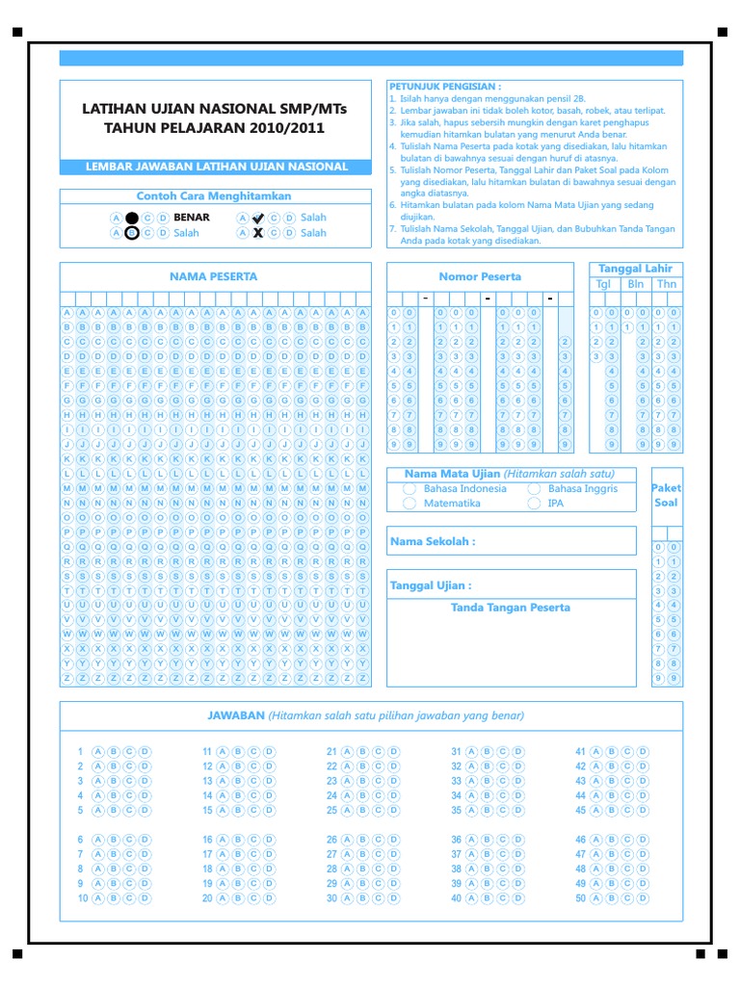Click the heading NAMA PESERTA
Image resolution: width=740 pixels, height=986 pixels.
214,276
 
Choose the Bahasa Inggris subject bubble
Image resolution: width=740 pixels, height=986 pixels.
534,488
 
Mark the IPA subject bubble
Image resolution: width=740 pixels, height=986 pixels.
534,504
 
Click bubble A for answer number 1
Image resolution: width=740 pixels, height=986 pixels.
97,751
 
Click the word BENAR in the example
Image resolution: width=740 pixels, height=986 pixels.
191,218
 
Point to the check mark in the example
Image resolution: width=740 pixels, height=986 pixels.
257,218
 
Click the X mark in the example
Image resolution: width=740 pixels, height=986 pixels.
257,233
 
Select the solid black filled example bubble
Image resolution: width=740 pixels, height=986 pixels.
132,218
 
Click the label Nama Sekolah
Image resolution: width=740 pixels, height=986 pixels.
432,541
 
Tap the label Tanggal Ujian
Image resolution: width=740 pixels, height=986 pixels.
430,585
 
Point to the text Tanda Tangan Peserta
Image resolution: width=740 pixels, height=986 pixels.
511,608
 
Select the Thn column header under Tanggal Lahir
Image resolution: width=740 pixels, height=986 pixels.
667,284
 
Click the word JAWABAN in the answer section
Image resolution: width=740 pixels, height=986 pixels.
236,715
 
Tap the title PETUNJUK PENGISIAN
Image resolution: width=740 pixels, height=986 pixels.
445,86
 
